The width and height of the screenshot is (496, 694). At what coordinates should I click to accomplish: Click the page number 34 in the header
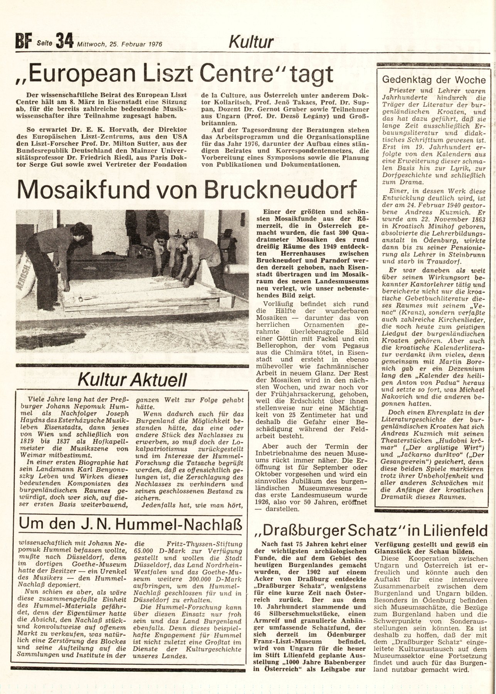(64, 41)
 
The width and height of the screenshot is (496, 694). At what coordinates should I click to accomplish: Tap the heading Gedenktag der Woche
(433, 81)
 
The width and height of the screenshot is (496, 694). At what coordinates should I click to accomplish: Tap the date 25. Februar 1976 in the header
(119, 44)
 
